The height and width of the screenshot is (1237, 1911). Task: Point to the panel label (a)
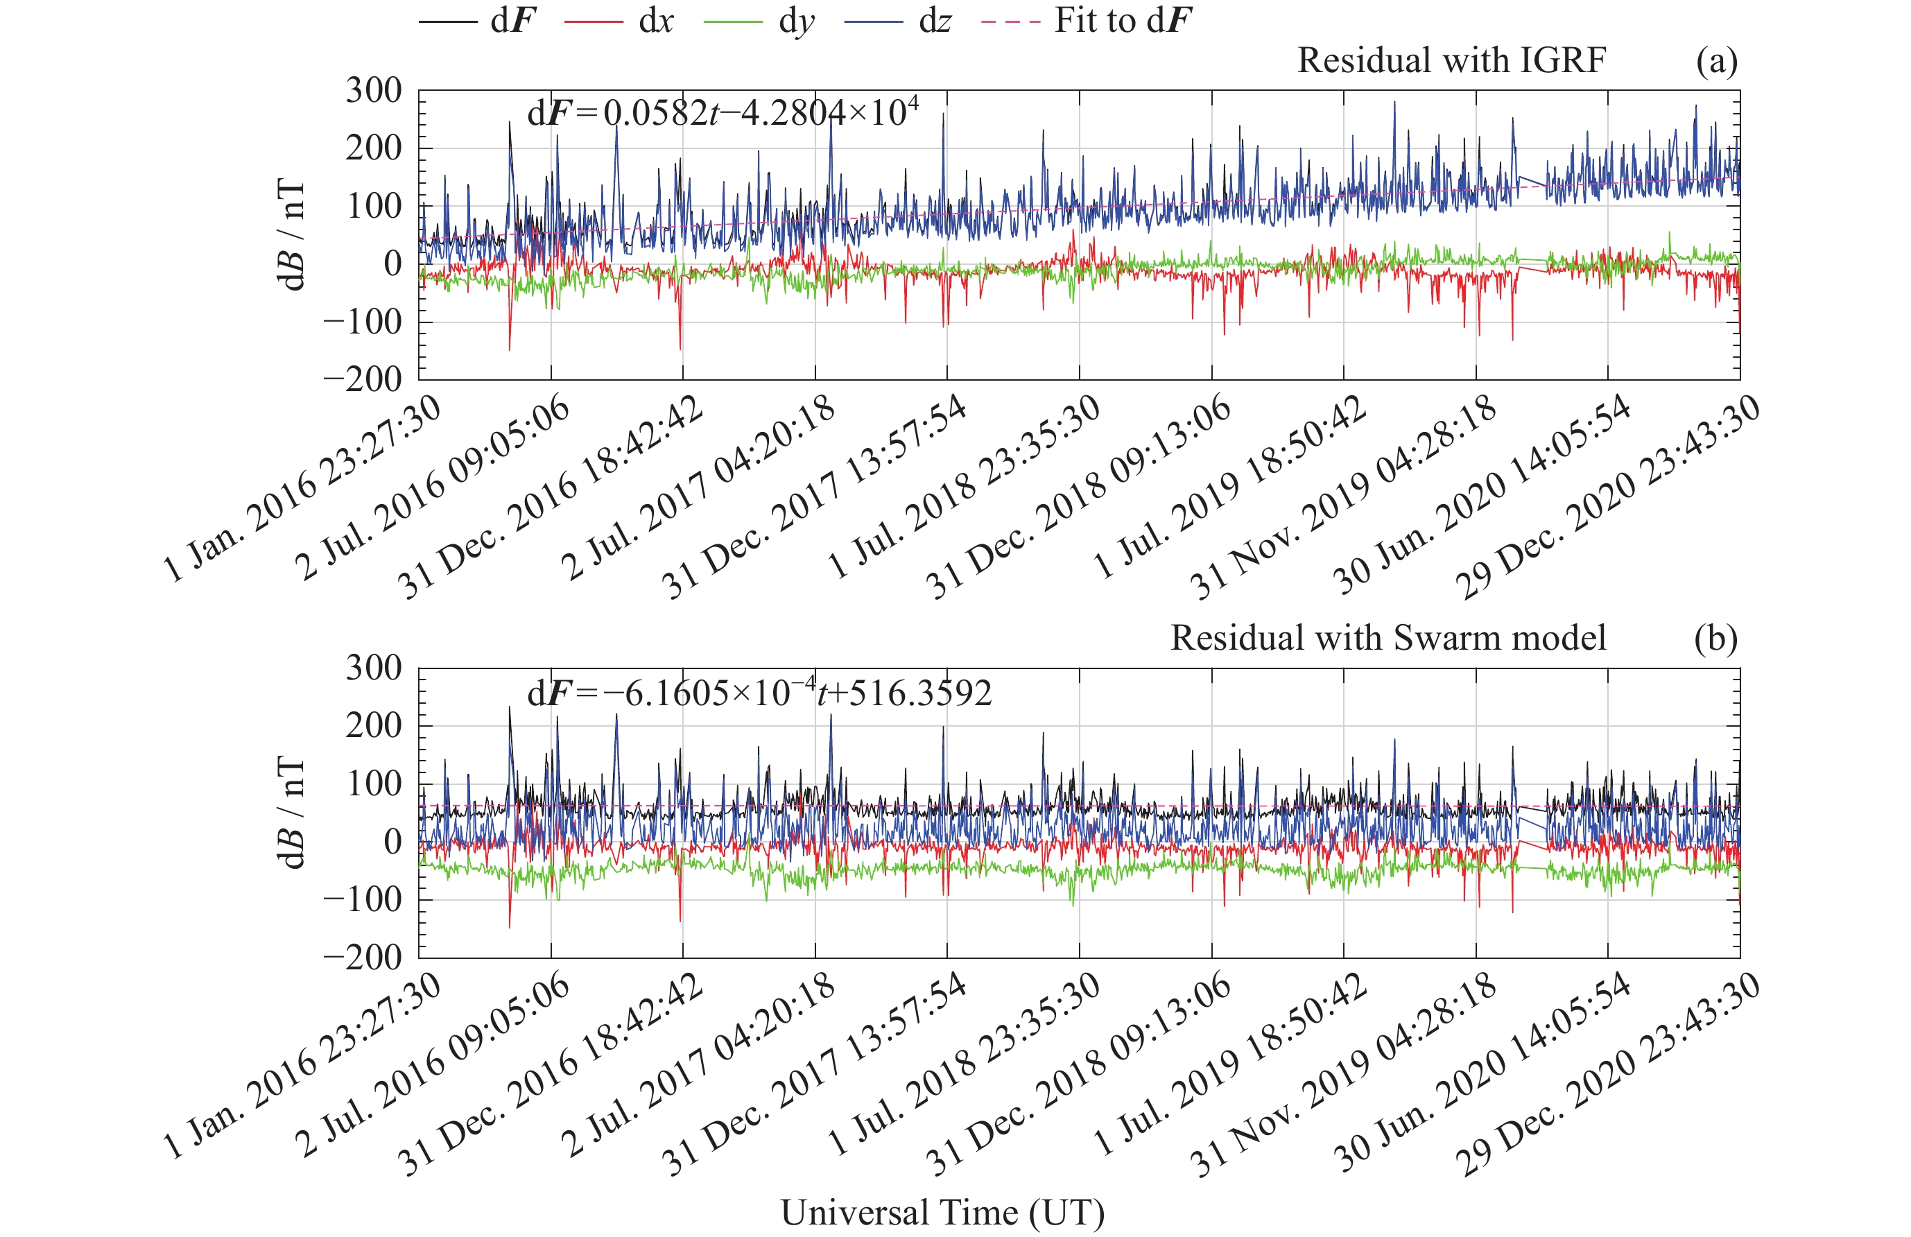coord(1716,61)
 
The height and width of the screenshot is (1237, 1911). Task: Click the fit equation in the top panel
coord(723,113)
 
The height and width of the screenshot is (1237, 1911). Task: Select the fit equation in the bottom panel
coord(759,693)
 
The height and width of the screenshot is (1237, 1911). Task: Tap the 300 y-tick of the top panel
coord(373,91)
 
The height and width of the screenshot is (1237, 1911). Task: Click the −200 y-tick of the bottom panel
coord(363,957)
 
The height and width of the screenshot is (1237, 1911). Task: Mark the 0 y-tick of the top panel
coord(392,263)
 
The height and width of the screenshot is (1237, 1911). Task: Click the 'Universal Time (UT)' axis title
coord(942,1212)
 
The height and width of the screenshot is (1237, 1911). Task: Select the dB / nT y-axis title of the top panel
coord(291,235)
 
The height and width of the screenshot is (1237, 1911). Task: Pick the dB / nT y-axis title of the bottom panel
coord(291,813)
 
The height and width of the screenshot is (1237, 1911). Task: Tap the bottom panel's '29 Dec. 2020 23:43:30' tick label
coord(1607,1075)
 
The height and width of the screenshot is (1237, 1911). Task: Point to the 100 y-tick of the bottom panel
coord(373,784)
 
